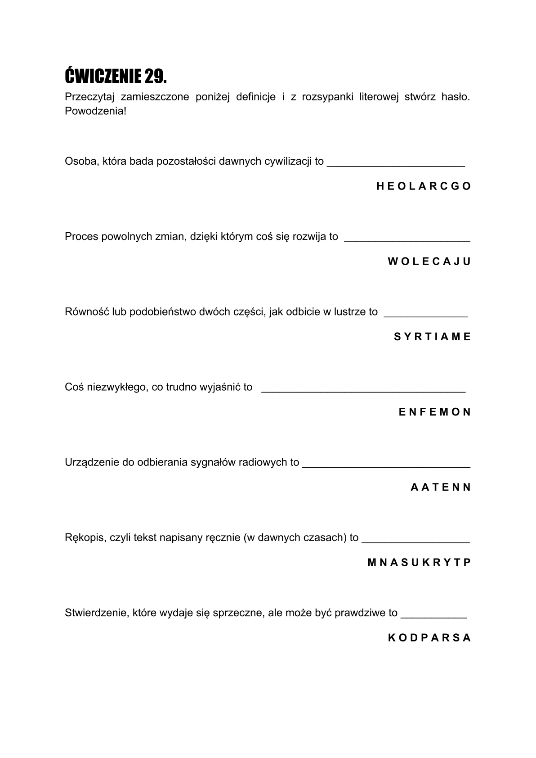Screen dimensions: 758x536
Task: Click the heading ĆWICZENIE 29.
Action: (x=116, y=76)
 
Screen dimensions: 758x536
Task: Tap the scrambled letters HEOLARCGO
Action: (x=424, y=186)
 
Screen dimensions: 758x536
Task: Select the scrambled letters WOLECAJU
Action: (x=429, y=262)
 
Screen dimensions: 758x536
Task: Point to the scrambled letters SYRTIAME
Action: (x=432, y=337)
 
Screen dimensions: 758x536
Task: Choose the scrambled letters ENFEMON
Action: (x=434, y=412)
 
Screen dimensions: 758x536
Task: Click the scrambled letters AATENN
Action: (x=440, y=487)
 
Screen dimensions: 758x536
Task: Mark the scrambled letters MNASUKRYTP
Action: (x=419, y=562)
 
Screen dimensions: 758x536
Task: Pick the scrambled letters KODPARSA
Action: (x=429, y=637)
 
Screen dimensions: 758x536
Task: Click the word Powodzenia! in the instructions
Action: (x=96, y=111)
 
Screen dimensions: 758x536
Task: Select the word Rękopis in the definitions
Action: (x=84, y=537)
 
